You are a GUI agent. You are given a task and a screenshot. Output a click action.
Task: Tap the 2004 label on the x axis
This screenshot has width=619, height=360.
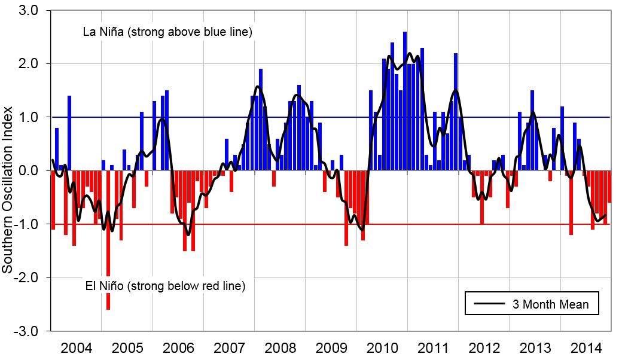(76, 347)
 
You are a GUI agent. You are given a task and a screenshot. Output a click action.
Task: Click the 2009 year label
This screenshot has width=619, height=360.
(331, 347)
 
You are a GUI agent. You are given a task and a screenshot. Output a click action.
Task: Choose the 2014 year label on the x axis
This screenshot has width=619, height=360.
(587, 347)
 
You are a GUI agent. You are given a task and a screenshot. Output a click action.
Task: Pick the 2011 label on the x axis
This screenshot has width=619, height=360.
(434, 347)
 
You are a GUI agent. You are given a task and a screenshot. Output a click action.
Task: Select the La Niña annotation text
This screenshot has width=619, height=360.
(167, 32)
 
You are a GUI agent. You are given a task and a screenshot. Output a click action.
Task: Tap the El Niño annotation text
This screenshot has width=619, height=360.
(166, 286)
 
